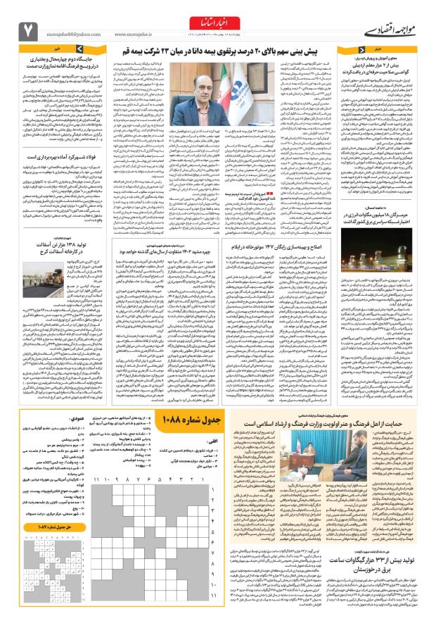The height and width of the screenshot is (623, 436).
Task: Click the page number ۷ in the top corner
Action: pyautogui.click(x=28, y=30)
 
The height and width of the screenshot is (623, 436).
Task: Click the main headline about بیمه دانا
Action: pyautogui.click(x=218, y=51)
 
